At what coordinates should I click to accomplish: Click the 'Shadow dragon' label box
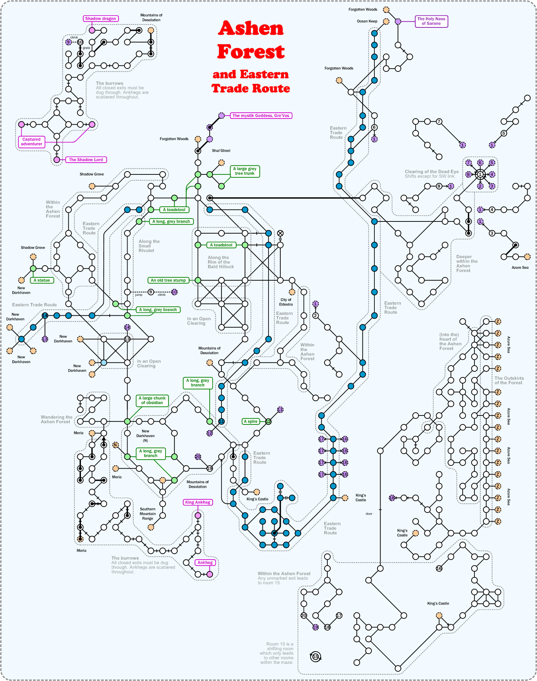101,18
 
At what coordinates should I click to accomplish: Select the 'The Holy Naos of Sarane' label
431,21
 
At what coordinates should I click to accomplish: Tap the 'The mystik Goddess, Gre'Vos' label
261,116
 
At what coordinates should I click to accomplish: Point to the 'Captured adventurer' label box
31,142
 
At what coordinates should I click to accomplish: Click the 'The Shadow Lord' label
86,160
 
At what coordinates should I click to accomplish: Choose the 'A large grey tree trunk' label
244,171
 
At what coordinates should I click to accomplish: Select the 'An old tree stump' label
168,280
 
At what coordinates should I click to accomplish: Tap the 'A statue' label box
42,280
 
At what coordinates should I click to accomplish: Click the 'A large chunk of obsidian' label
152,400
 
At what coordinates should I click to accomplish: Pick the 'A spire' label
251,421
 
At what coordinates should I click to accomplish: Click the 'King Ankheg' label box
198,502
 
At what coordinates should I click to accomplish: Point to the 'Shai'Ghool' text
221,151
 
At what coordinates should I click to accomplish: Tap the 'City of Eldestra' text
286,302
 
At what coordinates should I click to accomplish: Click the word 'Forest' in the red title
251,52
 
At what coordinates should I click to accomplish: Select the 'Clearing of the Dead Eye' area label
432,172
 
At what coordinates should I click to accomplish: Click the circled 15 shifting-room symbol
315,657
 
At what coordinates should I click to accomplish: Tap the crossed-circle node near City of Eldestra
280,233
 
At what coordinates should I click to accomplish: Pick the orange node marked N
115,445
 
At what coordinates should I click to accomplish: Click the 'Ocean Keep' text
367,21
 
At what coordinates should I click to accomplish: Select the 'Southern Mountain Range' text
148,514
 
